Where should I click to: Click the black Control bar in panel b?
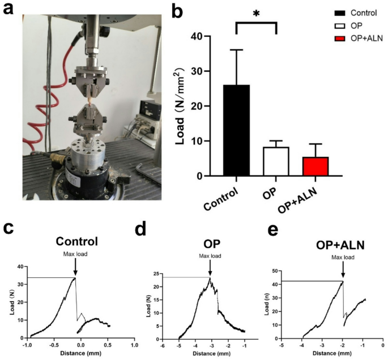[237, 130]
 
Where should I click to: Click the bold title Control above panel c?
[76, 241]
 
